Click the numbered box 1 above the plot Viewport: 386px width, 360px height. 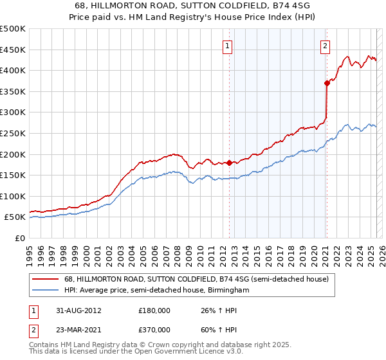pos(228,46)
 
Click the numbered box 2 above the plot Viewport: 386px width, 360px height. pos(326,46)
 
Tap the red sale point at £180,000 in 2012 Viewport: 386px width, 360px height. pos(229,163)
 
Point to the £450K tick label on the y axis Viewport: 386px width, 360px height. pos(13,50)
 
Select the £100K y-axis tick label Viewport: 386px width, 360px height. pos(13,196)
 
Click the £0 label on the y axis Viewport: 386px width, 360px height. pos(20,238)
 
